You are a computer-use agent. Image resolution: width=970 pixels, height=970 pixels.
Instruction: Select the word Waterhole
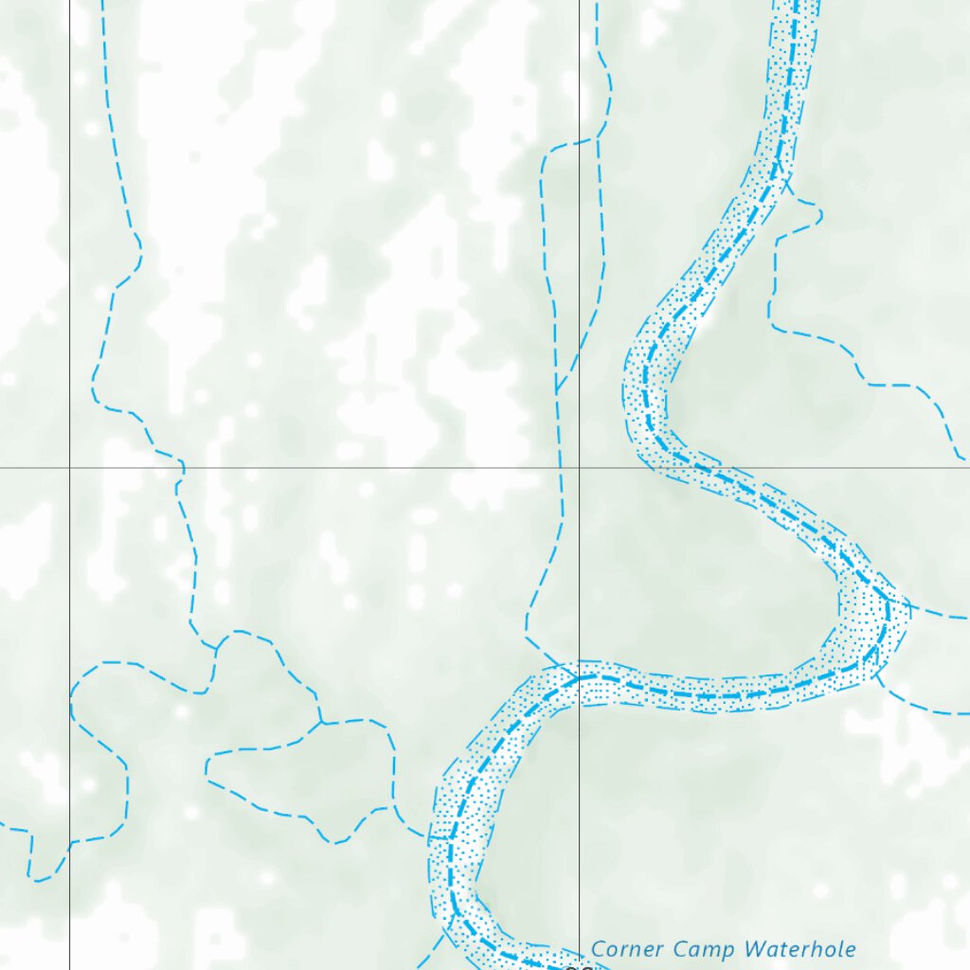800,949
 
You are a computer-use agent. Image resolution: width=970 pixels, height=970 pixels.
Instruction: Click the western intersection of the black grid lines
69,467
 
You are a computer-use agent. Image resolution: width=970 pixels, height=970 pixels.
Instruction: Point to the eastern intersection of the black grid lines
580,467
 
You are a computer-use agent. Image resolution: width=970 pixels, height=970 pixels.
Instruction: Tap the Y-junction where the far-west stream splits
217,648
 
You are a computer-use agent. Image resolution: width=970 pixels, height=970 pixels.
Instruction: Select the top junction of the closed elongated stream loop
320,723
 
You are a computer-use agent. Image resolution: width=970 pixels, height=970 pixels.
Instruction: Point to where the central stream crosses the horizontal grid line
561,467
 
